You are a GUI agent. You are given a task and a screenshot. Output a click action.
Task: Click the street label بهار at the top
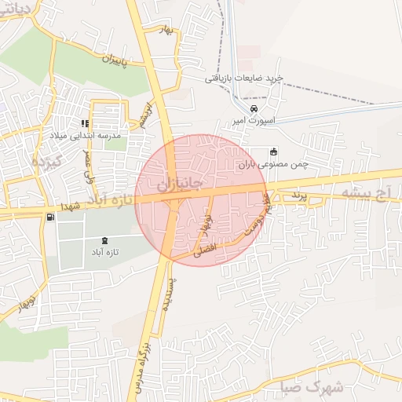165,28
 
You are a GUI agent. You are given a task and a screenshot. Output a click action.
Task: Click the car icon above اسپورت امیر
254,108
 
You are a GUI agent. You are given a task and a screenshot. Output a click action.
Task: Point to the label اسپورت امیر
251,122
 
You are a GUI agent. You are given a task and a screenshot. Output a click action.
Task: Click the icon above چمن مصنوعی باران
273,152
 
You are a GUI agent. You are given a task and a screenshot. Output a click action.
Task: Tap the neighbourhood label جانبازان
179,187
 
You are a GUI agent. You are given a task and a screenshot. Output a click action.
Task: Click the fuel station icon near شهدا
51,217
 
